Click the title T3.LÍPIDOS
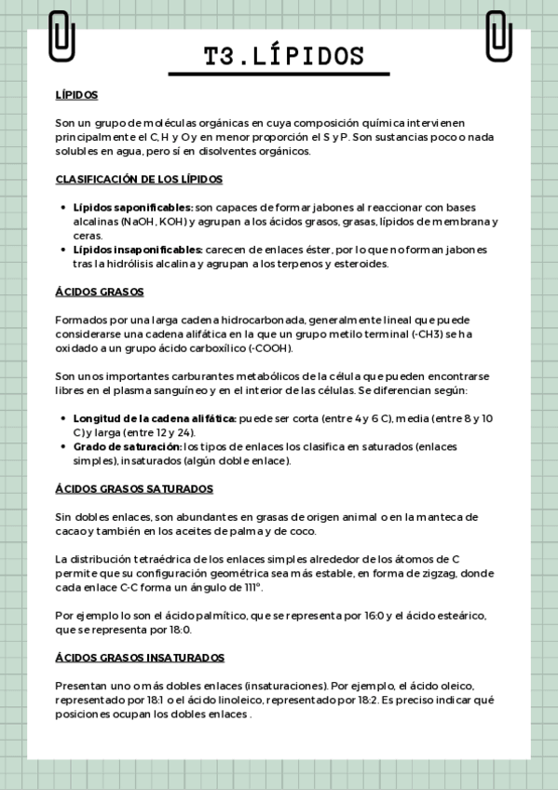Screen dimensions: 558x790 tap(279, 57)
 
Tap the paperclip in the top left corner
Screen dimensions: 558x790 tap(61, 35)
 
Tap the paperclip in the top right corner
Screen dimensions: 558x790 tap(498, 35)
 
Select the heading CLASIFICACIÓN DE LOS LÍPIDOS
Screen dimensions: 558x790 tap(139, 179)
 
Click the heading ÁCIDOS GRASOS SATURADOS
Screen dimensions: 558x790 tap(134, 488)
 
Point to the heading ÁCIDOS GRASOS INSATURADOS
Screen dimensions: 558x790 tap(140, 657)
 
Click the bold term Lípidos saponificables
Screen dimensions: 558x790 tap(133, 208)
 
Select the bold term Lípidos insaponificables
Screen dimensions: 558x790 tap(138, 250)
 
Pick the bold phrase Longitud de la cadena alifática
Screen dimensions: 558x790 tap(155, 418)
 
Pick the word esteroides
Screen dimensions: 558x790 tap(359, 264)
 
